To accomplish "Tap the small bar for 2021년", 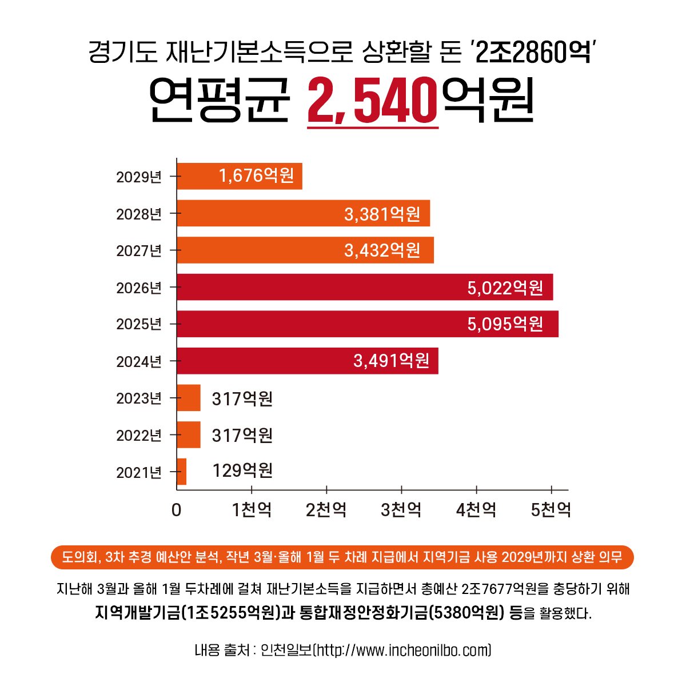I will (x=182, y=472).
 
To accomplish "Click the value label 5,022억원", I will (x=505, y=288).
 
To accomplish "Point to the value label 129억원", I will (x=242, y=471).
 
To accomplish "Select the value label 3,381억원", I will (x=382, y=214).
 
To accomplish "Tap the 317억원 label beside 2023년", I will (x=242, y=398).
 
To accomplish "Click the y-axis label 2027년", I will (x=139, y=251).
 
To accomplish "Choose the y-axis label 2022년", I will (x=139, y=436).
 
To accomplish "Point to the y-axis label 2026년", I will (x=139, y=288).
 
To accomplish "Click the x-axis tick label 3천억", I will (x=401, y=509).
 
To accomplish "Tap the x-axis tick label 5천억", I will (x=551, y=509).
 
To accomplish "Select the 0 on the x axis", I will (x=176, y=509).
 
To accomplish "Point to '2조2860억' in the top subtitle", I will (x=532, y=53).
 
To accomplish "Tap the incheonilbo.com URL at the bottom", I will (x=403, y=651).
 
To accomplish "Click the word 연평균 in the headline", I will (x=220, y=101).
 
